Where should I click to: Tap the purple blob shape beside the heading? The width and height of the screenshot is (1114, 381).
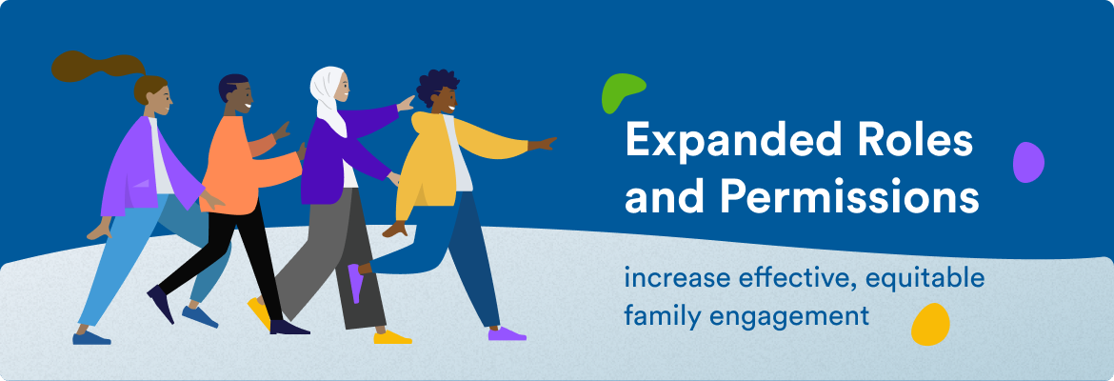pyautogui.click(x=1027, y=162)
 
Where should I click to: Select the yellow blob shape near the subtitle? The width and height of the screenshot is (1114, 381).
pyautogui.click(x=930, y=324)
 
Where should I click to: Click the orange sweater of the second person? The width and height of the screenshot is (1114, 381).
pyautogui.click(x=233, y=162)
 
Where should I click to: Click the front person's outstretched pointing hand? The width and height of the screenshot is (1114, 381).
pyautogui.click(x=544, y=144)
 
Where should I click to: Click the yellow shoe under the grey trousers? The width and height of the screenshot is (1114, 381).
pyautogui.click(x=391, y=337)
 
